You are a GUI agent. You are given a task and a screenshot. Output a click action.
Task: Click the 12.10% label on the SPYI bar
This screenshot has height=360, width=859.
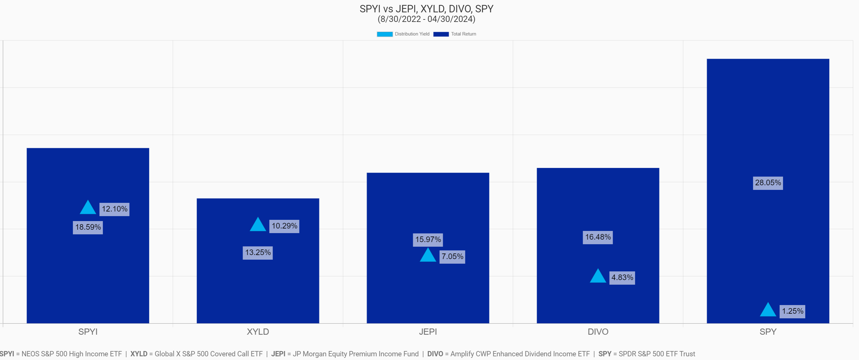[x=114, y=209]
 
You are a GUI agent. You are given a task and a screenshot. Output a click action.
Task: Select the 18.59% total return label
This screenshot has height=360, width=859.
[x=88, y=227]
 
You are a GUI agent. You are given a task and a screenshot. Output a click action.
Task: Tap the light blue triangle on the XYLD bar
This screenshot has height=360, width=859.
[x=258, y=225]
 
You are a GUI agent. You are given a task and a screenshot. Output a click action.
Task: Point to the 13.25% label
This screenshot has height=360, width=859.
[x=258, y=253]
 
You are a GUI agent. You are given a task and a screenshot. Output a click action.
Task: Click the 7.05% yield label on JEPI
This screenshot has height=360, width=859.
[x=452, y=257]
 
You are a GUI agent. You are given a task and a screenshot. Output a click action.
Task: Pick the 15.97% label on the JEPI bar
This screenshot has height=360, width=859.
[x=428, y=240]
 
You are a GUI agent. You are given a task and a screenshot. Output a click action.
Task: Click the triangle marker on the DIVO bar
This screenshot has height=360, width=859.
[x=598, y=276]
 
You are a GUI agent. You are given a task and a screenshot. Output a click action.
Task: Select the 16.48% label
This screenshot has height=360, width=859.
[x=598, y=237]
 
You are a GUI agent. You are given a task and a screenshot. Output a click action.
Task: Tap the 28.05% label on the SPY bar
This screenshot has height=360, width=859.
[x=768, y=183]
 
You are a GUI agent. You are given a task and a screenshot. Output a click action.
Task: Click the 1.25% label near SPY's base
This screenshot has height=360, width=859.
[x=792, y=311]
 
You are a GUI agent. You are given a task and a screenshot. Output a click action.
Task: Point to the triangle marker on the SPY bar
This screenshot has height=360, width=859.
[x=768, y=310]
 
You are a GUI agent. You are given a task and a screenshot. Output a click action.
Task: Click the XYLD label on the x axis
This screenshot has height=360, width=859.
[x=258, y=332]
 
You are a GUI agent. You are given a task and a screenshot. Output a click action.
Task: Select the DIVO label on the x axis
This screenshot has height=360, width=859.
[x=598, y=332]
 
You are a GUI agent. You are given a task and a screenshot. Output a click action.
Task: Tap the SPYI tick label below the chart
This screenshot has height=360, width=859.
[x=88, y=332]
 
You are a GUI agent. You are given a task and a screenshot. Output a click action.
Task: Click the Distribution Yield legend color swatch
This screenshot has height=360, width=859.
[x=384, y=34]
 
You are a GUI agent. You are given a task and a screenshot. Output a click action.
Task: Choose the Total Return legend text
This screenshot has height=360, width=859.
[x=463, y=34]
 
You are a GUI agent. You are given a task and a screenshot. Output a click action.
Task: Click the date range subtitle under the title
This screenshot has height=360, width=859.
[x=426, y=19]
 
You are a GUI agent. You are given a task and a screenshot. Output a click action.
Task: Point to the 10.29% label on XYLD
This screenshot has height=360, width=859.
[x=284, y=226]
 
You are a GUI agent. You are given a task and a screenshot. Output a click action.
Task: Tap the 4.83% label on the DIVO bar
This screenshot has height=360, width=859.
[x=622, y=278]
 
